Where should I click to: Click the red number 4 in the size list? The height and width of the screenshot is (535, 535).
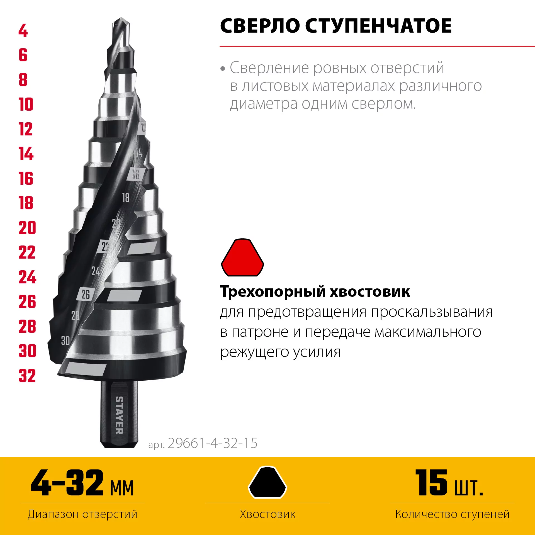pyautogui.click(x=23, y=30)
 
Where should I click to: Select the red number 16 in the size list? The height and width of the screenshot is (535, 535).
pyautogui.click(x=26, y=178)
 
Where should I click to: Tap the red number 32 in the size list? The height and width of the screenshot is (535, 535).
pyautogui.click(x=27, y=376)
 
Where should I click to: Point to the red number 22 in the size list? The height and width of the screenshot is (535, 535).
pyautogui.click(x=27, y=252)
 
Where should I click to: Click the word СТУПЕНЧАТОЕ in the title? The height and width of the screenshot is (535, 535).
pyautogui.click(x=378, y=26)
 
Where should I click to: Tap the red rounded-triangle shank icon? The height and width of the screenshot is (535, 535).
pyautogui.click(x=242, y=257)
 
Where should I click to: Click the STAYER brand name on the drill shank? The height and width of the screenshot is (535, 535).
pyautogui.click(x=119, y=415)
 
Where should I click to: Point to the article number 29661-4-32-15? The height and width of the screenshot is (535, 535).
pyautogui.click(x=212, y=443)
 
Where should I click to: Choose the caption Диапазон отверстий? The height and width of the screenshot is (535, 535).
pyautogui.click(x=82, y=514)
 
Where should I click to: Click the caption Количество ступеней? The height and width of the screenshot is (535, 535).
pyautogui.click(x=452, y=514)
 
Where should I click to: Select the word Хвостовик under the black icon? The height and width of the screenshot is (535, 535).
pyautogui.click(x=267, y=514)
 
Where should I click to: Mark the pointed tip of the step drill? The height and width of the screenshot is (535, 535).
pyautogui.click(x=121, y=18)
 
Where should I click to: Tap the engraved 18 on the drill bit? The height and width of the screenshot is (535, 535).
pyautogui.click(x=126, y=198)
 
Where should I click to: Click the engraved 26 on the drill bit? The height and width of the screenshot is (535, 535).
pyautogui.click(x=86, y=294)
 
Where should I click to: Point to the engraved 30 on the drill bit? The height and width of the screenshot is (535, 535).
pyautogui.click(x=65, y=341)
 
